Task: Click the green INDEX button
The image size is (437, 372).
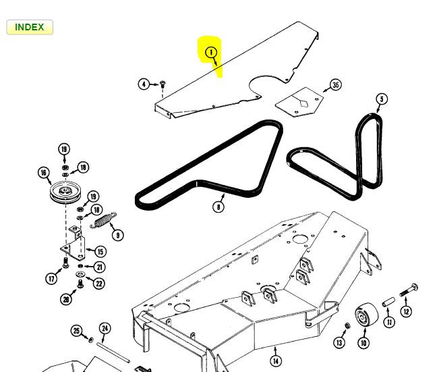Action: tap(29, 27)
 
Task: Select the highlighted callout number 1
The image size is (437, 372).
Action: tap(211, 51)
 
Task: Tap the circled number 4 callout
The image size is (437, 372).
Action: tap(144, 84)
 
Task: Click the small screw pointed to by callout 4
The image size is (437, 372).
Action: tap(163, 84)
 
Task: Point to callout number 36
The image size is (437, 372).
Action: tap(335, 85)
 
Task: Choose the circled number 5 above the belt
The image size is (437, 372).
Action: tap(382, 99)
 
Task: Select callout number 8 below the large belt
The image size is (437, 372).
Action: tap(218, 207)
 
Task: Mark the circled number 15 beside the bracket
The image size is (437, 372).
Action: tap(100, 251)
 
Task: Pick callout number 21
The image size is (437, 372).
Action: tap(99, 267)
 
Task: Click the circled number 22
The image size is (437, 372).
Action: tap(99, 283)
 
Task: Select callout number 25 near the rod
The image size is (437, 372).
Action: tap(76, 330)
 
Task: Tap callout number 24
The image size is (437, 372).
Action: tap(105, 329)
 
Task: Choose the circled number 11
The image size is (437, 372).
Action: tap(389, 323)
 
